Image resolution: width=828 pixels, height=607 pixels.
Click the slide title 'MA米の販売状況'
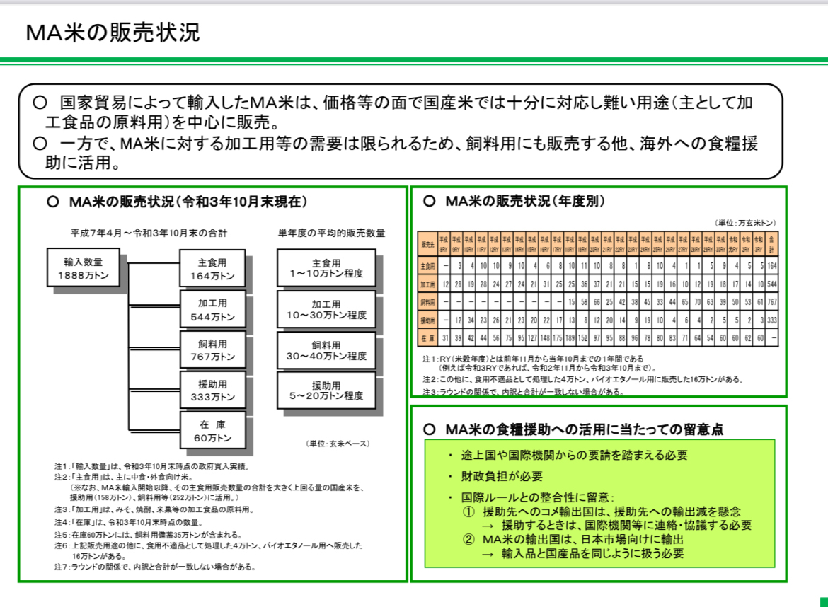[113, 33]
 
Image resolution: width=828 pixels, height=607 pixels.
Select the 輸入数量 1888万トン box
[83, 267]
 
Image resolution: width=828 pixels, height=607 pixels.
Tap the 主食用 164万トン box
[212, 267]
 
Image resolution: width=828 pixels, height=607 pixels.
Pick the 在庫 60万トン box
[212, 431]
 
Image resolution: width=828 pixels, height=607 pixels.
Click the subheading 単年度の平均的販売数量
[331, 233]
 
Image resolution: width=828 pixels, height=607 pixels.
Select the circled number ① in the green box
[468, 511]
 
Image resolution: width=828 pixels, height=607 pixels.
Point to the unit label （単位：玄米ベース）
[338, 444]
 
